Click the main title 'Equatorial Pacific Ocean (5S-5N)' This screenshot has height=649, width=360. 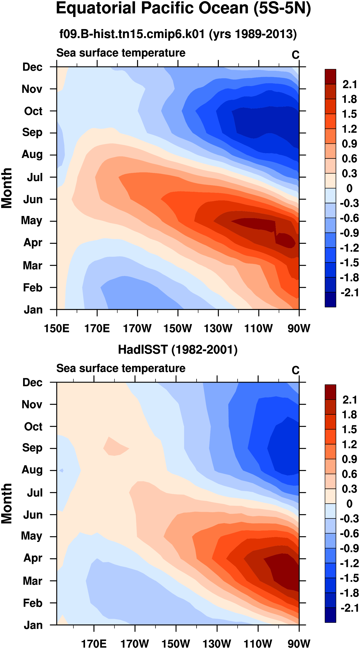pos(183,9)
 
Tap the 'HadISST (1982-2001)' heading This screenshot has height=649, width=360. pos(178,350)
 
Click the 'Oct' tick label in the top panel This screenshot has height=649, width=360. pos(33,111)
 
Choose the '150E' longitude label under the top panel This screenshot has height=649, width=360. pos(57,329)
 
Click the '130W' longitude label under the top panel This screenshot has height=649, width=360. pos(218,329)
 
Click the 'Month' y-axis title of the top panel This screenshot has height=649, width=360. pos(6,188)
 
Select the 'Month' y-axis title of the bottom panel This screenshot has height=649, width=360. pos(6,504)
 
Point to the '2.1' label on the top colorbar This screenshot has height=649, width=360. pos(350,84)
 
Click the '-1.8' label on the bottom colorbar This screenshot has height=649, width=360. pos(349,593)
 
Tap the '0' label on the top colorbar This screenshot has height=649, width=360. pos(349,188)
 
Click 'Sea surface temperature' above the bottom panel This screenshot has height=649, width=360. pos(121,368)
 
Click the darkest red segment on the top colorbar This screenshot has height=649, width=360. pos(330,77)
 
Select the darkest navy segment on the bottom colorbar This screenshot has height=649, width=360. pos(330,615)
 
